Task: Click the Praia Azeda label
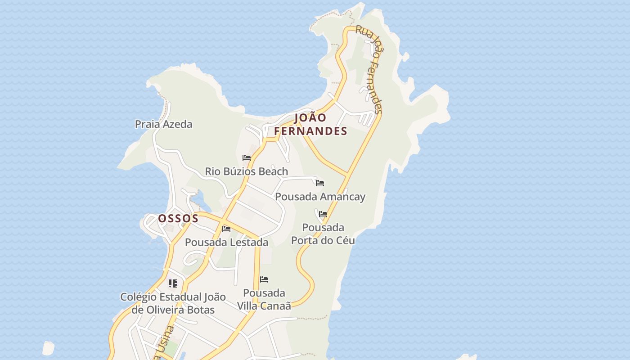tap(163, 124)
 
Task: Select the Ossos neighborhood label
tap(178, 219)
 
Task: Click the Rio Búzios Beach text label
tap(246, 171)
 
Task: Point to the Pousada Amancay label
tap(320, 197)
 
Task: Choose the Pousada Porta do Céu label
tap(323, 234)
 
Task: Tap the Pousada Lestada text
tap(226, 242)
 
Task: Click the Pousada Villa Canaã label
tap(264, 299)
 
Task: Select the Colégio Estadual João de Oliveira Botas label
tap(173, 303)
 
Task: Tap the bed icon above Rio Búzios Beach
tap(247, 158)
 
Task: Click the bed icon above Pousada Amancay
tap(320, 183)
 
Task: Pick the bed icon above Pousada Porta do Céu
tap(323, 214)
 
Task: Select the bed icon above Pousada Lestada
tap(226, 229)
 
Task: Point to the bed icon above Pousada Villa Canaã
tap(264, 279)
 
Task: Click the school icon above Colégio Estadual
tap(172, 283)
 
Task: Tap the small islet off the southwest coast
tap(48, 348)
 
